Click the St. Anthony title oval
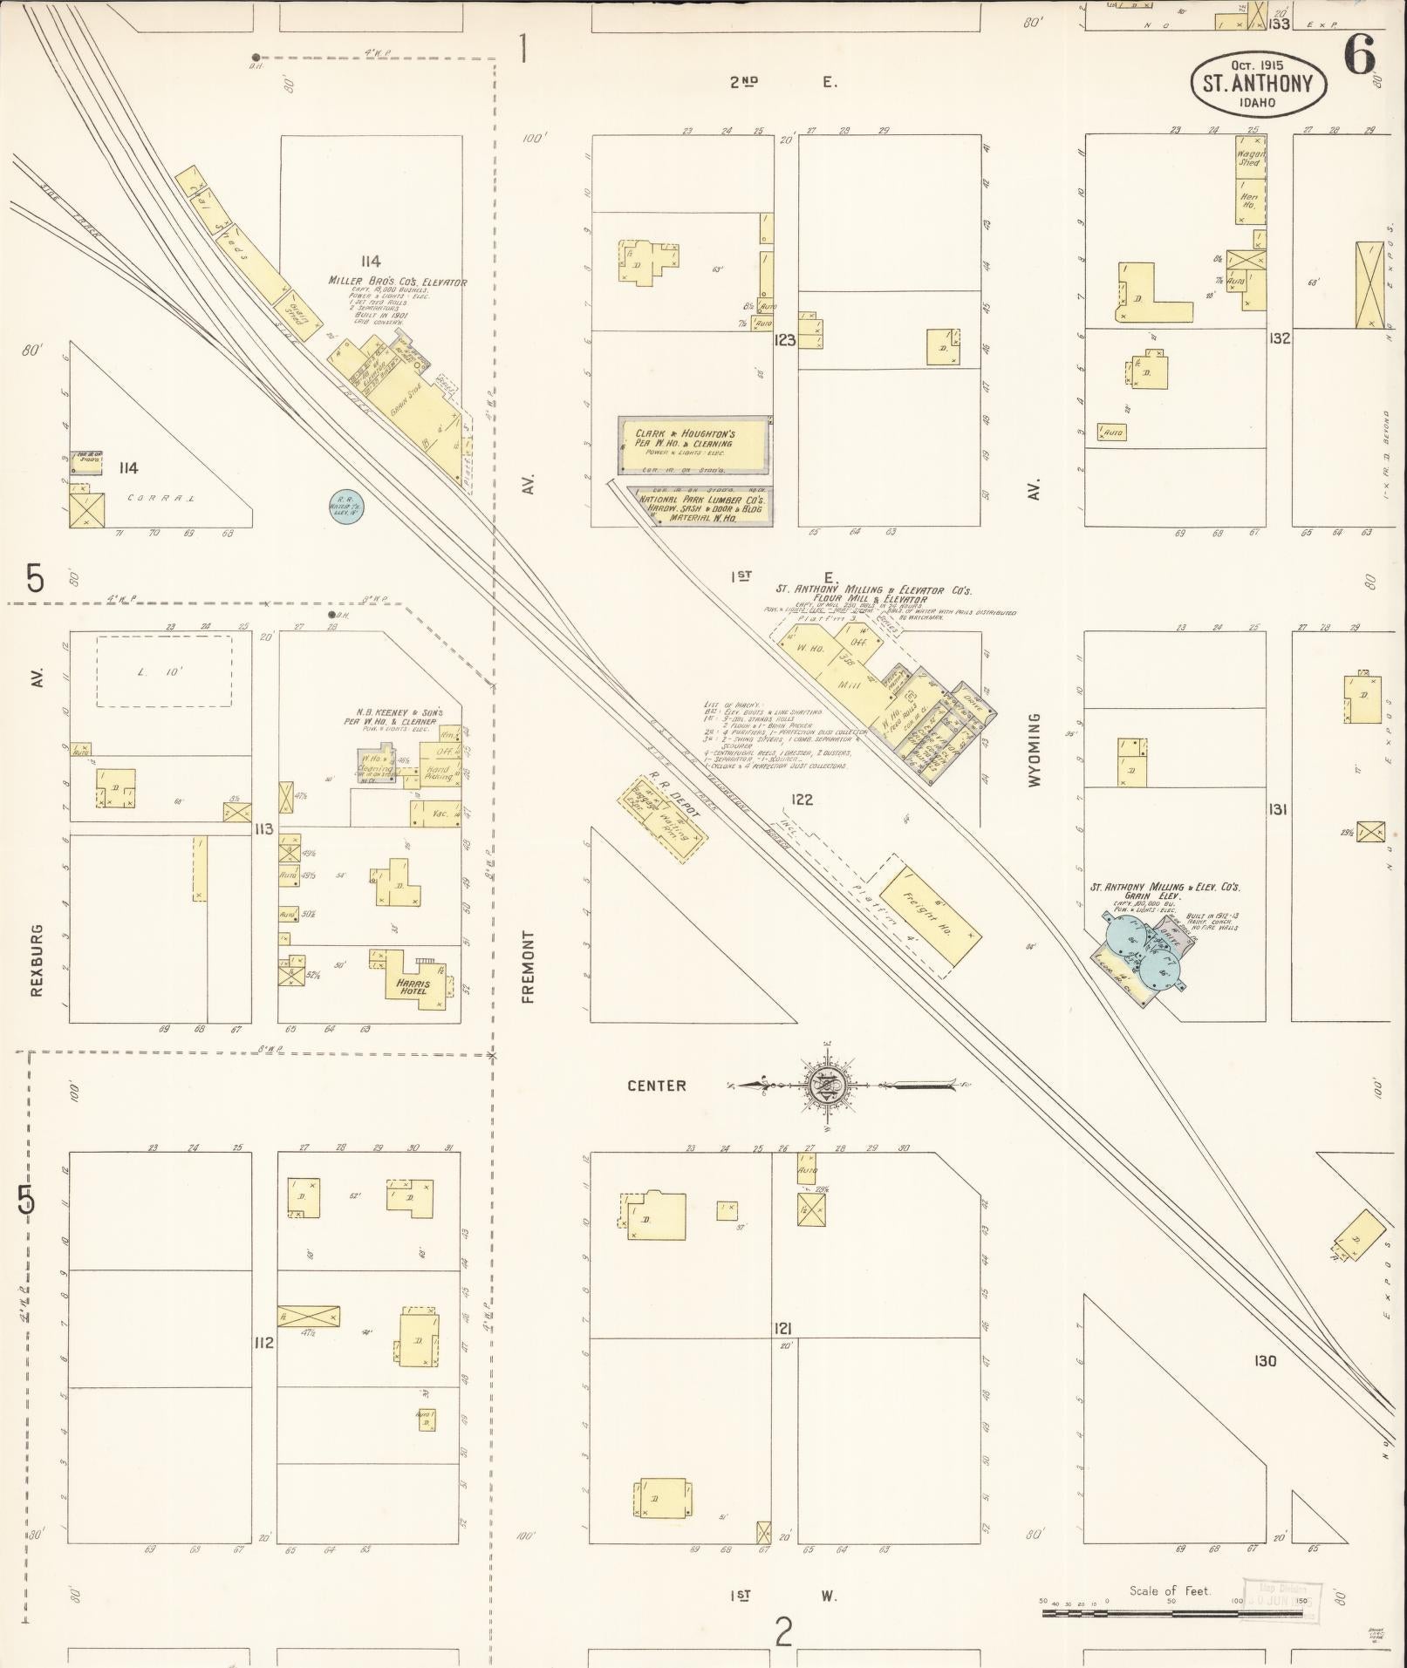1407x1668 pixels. pyautogui.click(x=1258, y=84)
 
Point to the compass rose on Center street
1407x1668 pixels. pyautogui.click(x=823, y=1086)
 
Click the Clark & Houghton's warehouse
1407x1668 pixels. pyautogui.click(x=695, y=443)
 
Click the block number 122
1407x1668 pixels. pyautogui.click(x=802, y=799)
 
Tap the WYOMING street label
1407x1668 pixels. pyautogui.click(x=1035, y=751)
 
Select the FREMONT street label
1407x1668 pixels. pyautogui.click(x=528, y=966)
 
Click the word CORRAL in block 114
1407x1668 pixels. pyautogui.click(x=161, y=499)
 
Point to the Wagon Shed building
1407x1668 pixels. pyautogui.click(x=1250, y=158)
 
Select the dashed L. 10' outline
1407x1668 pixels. pyautogui.click(x=163, y=671)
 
